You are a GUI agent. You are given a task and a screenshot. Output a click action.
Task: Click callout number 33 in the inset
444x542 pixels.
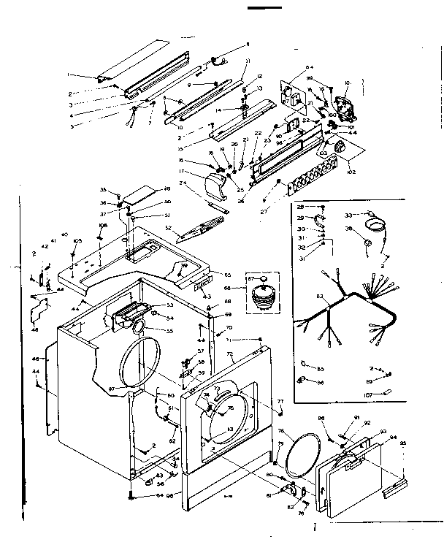(348, 215)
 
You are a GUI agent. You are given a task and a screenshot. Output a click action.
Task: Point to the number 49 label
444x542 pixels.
(167, 188)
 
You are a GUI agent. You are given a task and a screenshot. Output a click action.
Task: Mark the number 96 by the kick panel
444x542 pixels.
(172, 496)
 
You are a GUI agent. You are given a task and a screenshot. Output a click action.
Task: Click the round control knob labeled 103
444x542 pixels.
(339, 148)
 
